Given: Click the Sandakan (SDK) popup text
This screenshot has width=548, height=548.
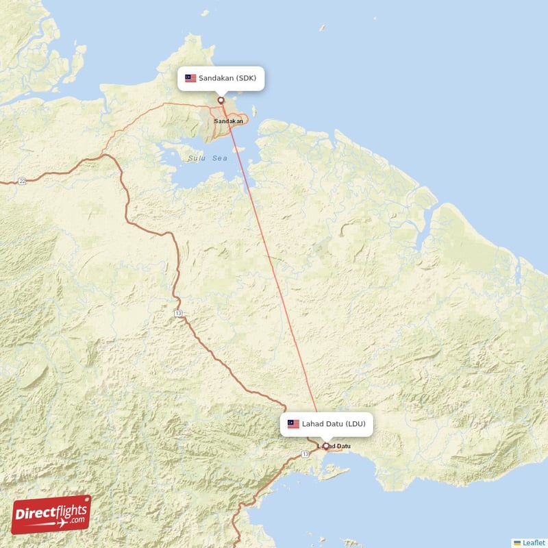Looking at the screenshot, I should tap(227, 78).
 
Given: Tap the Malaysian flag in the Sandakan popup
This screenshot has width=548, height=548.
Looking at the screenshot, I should tap(190, 78).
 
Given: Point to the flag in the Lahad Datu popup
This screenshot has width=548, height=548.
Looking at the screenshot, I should tap(293, 424).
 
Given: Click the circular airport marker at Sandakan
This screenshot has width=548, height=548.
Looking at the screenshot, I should tap(221, 100).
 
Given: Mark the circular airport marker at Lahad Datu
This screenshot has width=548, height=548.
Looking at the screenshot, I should tap(325, 447).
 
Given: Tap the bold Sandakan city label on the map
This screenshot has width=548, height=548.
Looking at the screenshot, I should tap(228, 121).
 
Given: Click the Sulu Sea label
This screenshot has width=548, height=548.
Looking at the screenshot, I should tap(207, 158).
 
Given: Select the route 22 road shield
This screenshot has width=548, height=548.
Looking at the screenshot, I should tap(22, 181).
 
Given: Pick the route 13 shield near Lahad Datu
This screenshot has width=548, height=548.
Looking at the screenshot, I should tap(305, 454).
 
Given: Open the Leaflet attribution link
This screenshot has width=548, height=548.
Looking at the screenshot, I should tap(532, 542).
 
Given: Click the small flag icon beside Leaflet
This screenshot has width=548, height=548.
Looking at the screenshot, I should tap(517, 542).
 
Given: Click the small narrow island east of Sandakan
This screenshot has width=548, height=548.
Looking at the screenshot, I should tap(255, 111).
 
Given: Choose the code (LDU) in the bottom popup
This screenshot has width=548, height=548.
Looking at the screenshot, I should tap(356, 424).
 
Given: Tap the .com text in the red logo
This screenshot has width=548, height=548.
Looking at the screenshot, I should tap(77, 520).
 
